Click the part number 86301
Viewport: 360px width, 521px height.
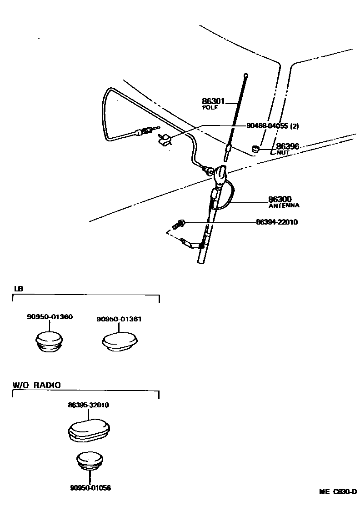213,101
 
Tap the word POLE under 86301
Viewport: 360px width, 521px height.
210,108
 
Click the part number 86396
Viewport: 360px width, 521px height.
287,147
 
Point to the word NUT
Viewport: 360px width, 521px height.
283,153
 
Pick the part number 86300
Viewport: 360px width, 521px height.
280,199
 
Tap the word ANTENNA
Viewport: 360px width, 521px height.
284,205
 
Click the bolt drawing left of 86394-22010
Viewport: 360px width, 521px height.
178,224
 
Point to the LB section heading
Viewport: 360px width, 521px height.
18,289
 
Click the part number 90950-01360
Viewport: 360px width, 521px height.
50,317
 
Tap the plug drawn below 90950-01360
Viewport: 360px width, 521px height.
50,341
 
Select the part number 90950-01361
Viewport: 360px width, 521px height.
119,319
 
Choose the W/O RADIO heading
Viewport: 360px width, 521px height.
36,385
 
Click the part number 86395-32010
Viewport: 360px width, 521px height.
89,405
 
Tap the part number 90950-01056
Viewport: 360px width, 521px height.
90,488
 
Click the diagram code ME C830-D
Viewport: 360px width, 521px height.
337,492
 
